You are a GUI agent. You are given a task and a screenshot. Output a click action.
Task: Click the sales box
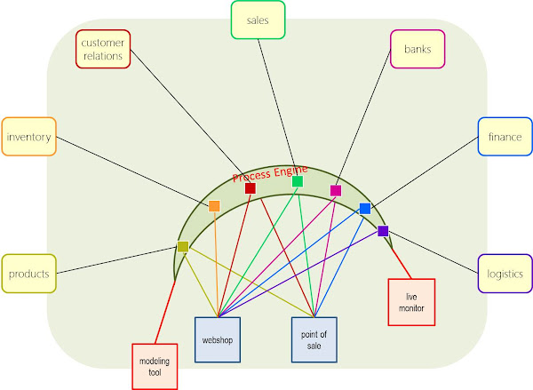click(258, 20)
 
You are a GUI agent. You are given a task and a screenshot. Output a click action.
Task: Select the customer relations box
click(103, 49)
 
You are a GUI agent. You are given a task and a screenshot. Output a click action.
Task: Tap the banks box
click(418, 49)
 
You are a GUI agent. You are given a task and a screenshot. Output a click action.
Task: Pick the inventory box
click(29, 137)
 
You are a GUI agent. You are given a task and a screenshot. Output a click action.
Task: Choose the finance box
click(505, 137)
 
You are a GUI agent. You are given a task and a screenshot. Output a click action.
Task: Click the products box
click(29, 274)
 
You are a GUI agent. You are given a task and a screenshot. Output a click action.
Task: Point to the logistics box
click(505, 274)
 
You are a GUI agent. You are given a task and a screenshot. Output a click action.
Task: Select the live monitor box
click(411, 302)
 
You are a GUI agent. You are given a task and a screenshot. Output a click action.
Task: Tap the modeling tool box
click(155, 367)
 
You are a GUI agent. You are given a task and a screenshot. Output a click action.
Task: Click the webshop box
click(218, 339)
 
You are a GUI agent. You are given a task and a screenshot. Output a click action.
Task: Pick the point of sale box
click(314, 339)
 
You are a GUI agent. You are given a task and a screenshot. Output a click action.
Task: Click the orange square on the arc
click(214, 206)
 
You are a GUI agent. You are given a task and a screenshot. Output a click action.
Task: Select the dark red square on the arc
click(251, 188)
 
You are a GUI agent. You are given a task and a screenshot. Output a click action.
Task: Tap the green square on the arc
click(298, 181)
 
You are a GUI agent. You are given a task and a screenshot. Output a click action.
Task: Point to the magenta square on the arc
click(336, 191)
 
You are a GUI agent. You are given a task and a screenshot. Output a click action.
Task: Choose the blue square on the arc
click(365, 209)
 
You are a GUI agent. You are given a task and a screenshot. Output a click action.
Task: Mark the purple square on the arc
click(383, 231)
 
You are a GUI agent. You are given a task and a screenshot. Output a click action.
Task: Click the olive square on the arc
click(183, 247)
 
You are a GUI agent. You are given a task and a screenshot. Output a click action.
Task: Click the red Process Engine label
click(270, 174)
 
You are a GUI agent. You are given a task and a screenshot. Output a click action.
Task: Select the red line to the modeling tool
click(165, 312)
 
